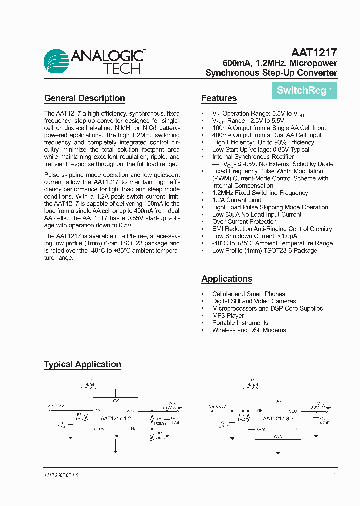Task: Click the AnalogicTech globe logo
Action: pos(57,62)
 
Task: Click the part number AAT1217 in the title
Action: pos(314,52)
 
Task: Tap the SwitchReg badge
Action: pos(304,90)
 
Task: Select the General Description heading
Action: pos(84,98)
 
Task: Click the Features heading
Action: pos(219,98)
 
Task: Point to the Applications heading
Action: pos(226,279)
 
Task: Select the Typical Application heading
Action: pos(82,364)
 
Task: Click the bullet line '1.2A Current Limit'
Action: pos(236,200)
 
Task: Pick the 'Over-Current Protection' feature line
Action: pos(244,222)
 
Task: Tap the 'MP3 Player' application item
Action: pos(228,316)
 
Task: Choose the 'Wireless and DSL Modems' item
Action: pos(249,330)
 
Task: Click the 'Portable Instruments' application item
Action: pos(240,323)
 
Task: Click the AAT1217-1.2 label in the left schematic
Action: pos(115,418)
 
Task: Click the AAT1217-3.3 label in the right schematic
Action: pos(278,418)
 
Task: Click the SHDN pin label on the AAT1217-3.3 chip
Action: pos(261,429)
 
